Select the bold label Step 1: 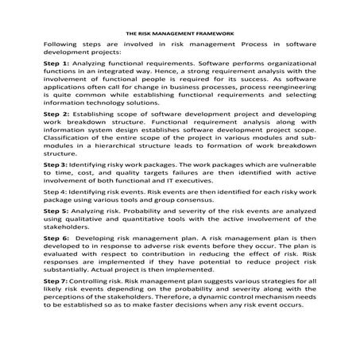56,63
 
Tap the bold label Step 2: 56,114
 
